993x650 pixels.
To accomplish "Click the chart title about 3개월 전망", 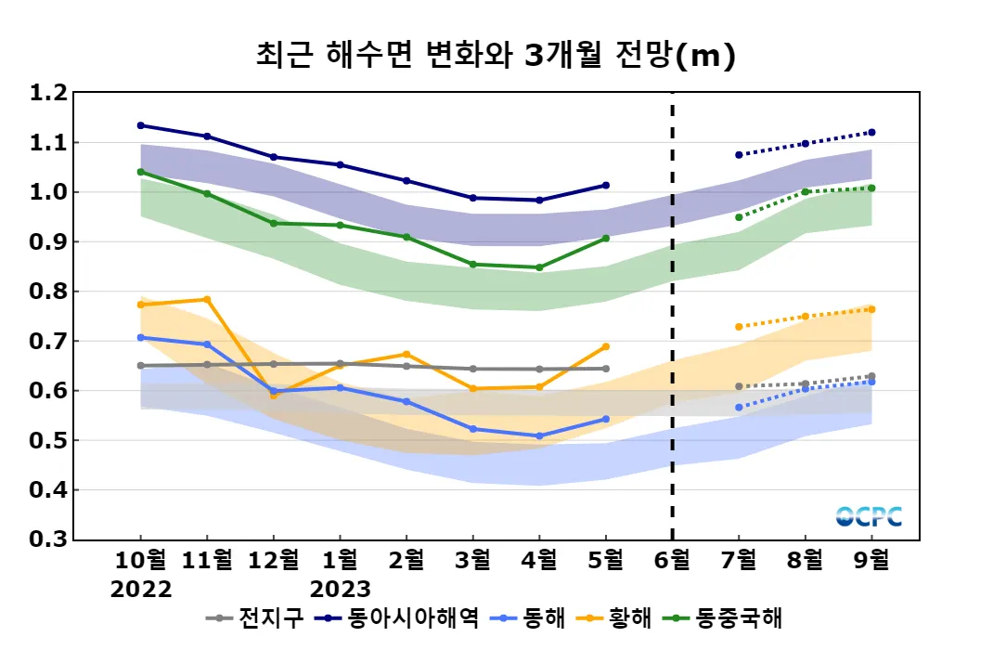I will click(x=496, y=56).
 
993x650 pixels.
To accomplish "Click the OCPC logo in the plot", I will click(x=869, y=516).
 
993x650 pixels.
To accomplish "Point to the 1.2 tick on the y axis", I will click(x=48, y=93).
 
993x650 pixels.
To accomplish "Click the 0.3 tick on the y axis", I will click(x=48, y=539).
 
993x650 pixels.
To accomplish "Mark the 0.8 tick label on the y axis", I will click(x=48, y=292).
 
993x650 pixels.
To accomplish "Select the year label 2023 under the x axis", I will click(x=340, y=589).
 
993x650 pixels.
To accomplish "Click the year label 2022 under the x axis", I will click(x=141, y=589).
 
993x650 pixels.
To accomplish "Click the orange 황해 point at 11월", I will click(x=207, y=299).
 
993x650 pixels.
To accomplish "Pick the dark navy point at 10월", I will click(x=141, y=125).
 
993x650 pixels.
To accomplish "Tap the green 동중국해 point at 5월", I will click(x=605, y=238).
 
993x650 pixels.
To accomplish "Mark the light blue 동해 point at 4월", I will click(x=539, y=435).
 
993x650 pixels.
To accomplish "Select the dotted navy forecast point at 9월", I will click(x=871, y=132).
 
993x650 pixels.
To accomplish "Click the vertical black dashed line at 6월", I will click(x=672, y=316).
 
